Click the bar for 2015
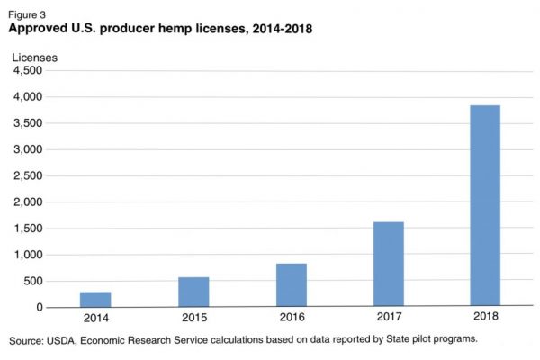click(193, 292)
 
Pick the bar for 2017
click(388, 265)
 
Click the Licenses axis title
click(34, 58)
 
